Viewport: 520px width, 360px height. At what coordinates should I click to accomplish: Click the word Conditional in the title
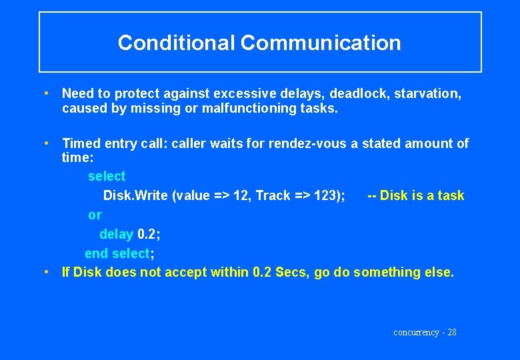tap(177, 43)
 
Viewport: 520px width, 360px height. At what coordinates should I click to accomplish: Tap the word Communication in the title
tap(321, 43)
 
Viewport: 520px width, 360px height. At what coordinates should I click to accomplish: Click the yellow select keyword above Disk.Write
tap(107, 176)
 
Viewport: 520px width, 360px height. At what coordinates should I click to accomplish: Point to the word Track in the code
tap(273, 195)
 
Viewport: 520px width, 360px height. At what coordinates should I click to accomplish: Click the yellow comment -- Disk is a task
tap(415, 195)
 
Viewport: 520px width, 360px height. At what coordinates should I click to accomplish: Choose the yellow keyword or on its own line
tap(95, 215)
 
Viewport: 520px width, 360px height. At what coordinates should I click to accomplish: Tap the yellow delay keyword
tap(116, 234)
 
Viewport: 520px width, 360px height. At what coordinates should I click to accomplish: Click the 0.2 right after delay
tap(147, 234)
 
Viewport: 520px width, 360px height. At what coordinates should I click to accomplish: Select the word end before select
tap(96, 253)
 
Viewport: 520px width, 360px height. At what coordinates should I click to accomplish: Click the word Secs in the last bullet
tap(291, 272)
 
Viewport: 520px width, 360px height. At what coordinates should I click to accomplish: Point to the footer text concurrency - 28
tap(425, 332)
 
